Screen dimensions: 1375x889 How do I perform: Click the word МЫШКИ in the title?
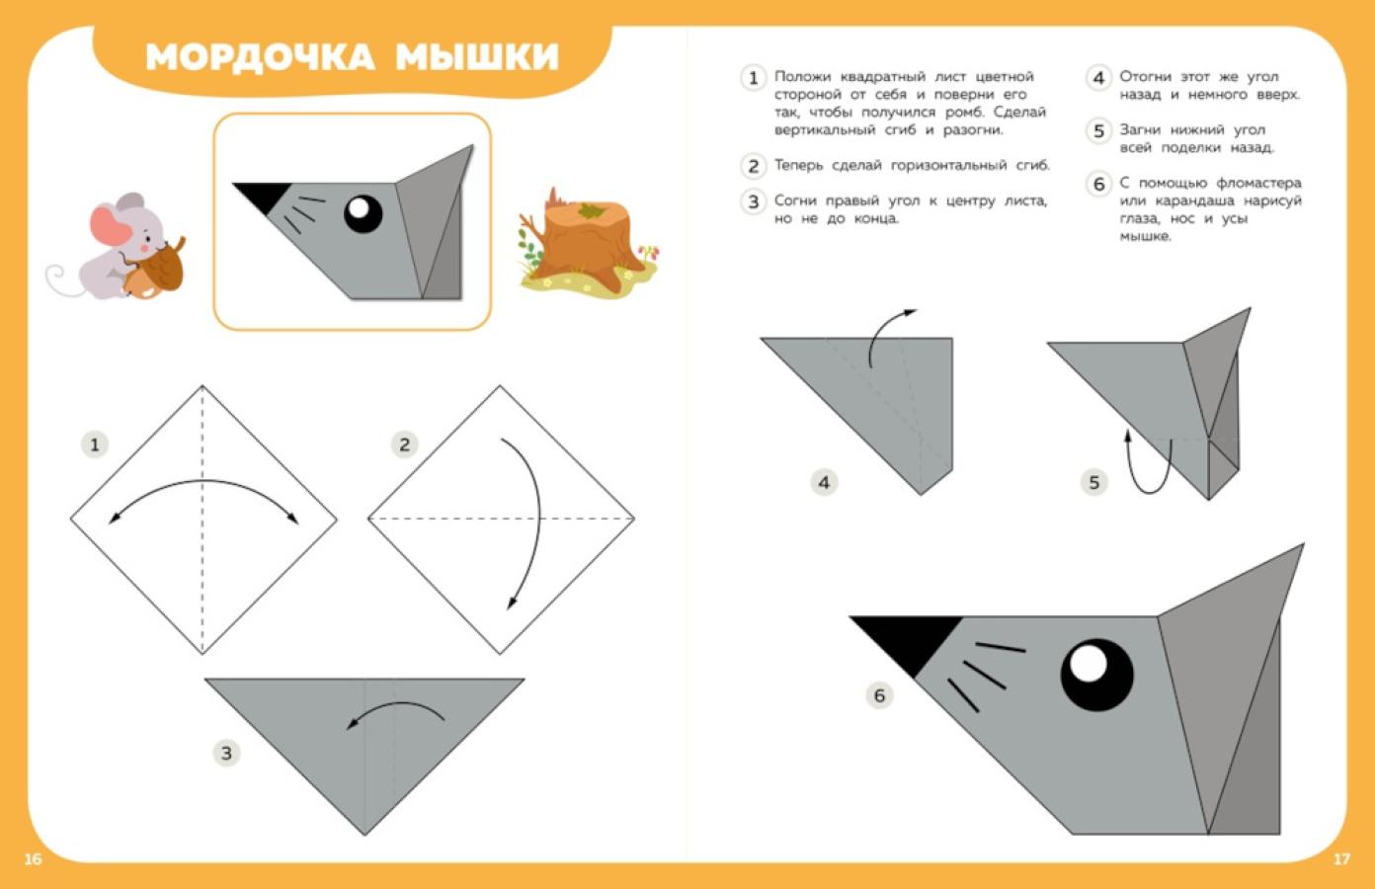coord(477,57)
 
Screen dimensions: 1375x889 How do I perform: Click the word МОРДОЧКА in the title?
coord(260,57)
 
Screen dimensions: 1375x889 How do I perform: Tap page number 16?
coord(34,859)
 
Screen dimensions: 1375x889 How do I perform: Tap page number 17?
coord(1341,859)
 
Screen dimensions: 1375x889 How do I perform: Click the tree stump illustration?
coord(587,244)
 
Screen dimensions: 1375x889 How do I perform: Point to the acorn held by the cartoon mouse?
coord(155,270)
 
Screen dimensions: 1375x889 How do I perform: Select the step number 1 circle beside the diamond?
coord(95,444)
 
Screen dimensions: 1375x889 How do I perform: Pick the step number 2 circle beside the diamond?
coord(404,444)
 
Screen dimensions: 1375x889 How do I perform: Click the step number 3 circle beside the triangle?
coord(226,753)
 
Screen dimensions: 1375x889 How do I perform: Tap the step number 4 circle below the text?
coord(824,483)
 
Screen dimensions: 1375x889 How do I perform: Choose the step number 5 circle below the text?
coord(1093,483)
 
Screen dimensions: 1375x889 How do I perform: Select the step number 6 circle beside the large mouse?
coord(879,695)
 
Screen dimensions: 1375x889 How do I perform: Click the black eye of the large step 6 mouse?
coord(1096,675)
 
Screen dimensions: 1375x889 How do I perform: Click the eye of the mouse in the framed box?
coord(363,213)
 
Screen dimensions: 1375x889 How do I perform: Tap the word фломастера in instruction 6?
coord(1258,183)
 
